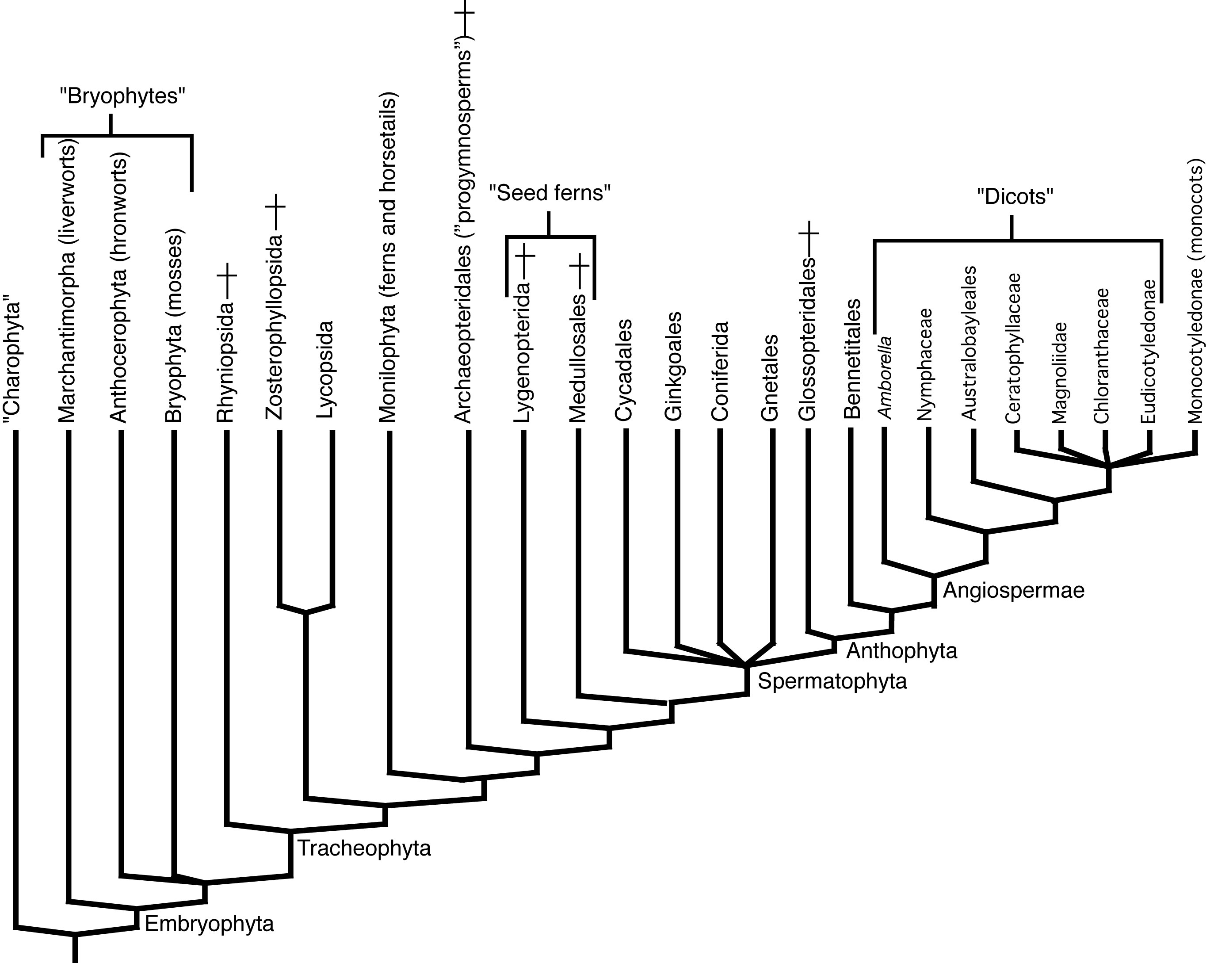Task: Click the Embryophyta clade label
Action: (x=209, y=923)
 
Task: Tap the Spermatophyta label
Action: (x=832, y=681)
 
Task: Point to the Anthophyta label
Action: (x=901, y=650)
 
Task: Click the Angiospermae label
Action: (x=1013, y=590)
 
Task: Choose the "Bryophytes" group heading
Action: (x=122, y=96)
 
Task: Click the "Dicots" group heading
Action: (x=1015, y=196)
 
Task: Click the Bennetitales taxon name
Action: (x=852, y=359)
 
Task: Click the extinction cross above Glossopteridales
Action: (x=808, y=232)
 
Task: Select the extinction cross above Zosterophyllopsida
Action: (x=275, y=206)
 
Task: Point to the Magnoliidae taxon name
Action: (x=1059, y=372)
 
